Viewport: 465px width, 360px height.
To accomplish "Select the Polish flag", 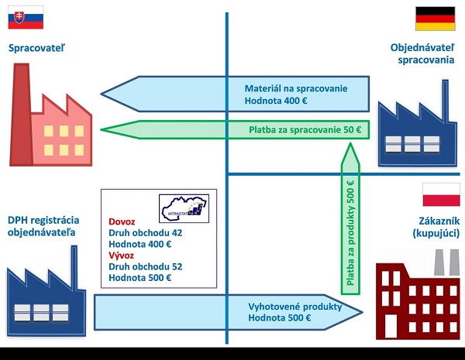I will point(436,195).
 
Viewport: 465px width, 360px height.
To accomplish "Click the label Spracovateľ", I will point(36,49).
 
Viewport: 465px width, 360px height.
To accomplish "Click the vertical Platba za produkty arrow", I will point(351,225).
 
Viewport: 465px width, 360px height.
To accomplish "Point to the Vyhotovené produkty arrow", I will point(232,310).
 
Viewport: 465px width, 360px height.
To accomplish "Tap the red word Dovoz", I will point(122,220).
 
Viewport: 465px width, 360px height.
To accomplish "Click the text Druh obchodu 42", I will point(146,231).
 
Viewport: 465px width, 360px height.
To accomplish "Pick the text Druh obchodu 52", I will point(146,266).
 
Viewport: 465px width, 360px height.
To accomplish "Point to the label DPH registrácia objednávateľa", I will point(43,231).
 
